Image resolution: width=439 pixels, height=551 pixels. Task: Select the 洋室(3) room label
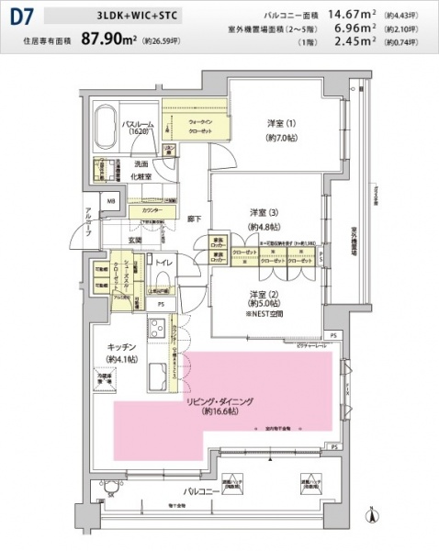pos(264,214)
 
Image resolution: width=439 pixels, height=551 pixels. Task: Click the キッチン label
pos(121,347)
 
